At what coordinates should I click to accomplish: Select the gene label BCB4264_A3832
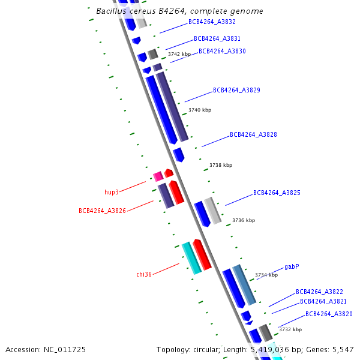212,22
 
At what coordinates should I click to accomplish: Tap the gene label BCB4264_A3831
217,38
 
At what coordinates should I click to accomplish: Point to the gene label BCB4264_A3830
222,51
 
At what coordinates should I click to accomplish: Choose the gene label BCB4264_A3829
236,90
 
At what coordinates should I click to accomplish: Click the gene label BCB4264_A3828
253,134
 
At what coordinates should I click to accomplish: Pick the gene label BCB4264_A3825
277,193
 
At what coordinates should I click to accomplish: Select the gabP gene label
292,266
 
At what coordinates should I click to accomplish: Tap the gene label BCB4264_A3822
319,292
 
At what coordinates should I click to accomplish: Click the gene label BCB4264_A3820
329,314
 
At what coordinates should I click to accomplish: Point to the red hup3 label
112,192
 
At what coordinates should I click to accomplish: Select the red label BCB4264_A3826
102,211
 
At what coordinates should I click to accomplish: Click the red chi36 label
144,274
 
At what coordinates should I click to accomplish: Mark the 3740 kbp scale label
200,110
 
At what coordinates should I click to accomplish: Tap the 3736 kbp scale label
244,220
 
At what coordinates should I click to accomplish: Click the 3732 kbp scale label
290,329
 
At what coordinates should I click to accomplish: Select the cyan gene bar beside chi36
191,258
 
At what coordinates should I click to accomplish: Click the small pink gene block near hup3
158,176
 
